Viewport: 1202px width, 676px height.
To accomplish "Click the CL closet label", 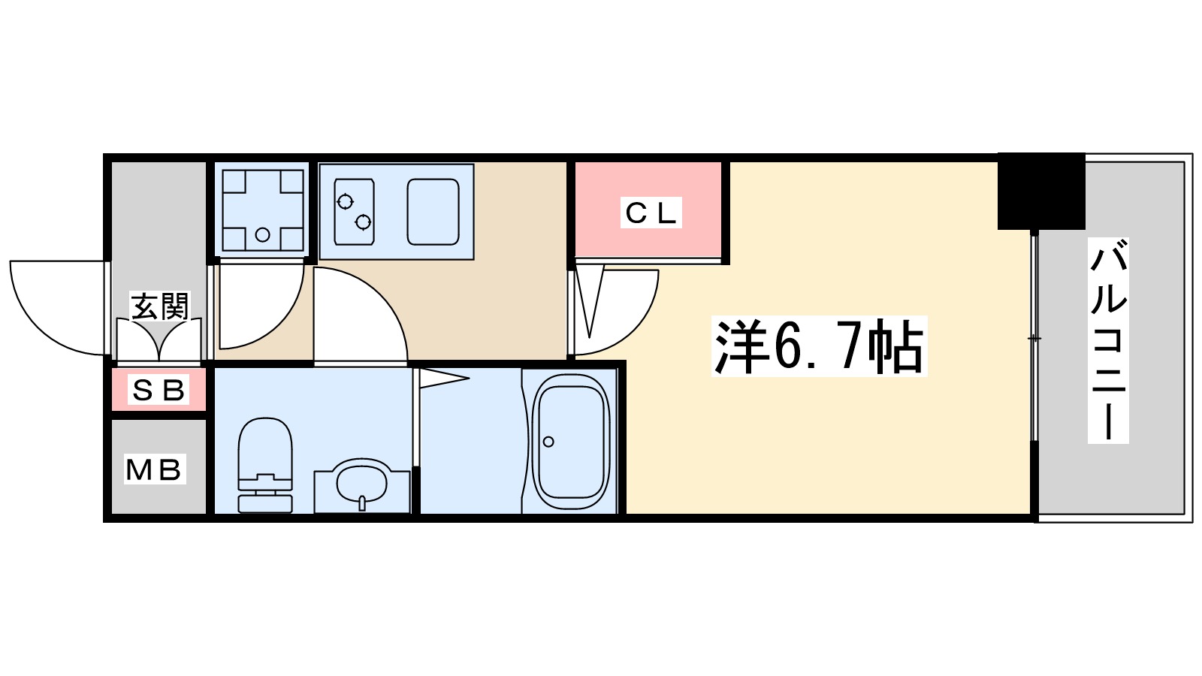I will point(651,213).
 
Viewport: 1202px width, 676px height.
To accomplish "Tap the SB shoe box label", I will point(159,390).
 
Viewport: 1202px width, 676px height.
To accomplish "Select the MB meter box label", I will point(154,469).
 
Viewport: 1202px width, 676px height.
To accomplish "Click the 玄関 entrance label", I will point(159,306).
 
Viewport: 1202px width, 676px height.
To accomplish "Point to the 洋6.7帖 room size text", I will point(819,347).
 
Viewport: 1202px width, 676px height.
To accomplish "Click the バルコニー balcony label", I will point(1108,340).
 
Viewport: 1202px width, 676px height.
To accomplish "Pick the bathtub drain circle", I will point(548,442).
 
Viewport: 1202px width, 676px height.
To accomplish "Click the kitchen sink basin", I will point(433,212).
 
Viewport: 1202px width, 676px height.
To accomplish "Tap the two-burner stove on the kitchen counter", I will point(355,212).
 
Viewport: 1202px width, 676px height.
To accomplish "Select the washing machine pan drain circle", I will point(262,234).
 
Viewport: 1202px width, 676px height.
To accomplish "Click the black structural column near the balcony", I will point(1040,192).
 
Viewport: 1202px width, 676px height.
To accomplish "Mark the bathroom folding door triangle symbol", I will point(441,378).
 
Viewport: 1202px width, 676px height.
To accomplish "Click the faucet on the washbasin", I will point(362,502).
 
